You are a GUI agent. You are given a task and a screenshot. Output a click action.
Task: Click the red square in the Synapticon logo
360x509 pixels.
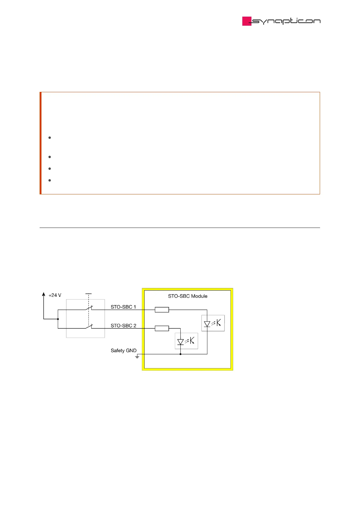[247, 21]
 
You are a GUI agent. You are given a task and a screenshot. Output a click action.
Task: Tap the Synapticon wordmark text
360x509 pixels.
[286, 21]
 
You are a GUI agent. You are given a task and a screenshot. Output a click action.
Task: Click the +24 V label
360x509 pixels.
[55, 295]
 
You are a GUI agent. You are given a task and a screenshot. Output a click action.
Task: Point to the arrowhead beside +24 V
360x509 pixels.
[44, 294]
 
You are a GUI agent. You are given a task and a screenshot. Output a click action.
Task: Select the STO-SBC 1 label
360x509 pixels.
[123, 307]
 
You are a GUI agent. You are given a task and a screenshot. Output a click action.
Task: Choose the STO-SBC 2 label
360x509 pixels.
[123, 326]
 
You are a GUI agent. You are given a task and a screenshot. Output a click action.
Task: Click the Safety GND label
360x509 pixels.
[123, 351]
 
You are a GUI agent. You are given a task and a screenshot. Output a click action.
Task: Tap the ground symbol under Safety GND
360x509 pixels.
[137, 357]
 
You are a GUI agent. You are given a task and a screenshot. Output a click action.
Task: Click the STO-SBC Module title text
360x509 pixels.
[188, 296]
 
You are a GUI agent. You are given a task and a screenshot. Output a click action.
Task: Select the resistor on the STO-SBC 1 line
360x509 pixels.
[162, 310]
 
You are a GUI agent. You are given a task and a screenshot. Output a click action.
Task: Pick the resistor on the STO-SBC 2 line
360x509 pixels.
[162, 329]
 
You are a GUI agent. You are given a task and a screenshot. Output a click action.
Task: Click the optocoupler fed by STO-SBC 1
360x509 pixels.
[213, 323]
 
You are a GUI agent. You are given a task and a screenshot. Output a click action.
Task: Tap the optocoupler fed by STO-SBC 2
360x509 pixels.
[186, 341]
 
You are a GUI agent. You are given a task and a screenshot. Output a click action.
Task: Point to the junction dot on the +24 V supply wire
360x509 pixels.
[58, 319]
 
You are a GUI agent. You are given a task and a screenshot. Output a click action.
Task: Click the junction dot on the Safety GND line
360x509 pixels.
[181, 354]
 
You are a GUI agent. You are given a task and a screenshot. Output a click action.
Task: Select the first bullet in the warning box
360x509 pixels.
[49, 138]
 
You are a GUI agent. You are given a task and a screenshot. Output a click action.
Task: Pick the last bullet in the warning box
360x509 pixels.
[49, 180]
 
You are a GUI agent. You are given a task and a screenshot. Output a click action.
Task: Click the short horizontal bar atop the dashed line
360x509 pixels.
[88, 293]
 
